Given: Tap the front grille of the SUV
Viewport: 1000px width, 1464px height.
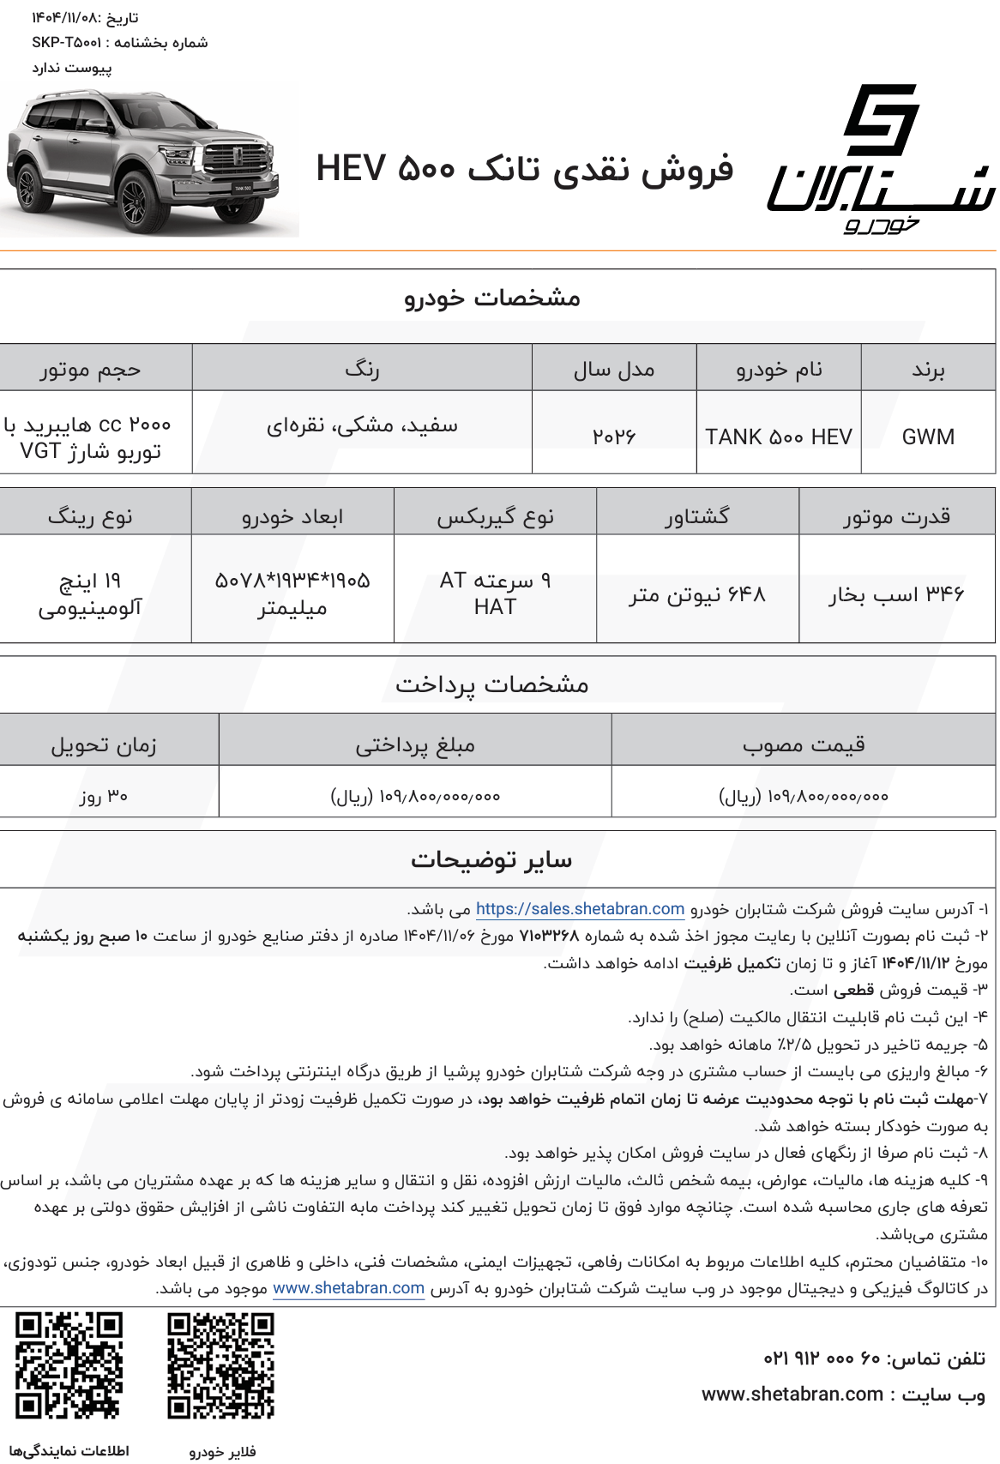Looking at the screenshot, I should (235, 159).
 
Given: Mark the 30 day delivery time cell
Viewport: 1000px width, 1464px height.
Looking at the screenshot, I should (104, 796).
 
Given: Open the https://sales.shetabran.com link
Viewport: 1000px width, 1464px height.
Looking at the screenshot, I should (580, 909).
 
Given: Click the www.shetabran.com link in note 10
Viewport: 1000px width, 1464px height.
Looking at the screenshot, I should (348, 1288).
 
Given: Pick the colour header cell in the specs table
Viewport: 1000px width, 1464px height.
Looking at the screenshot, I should (362, 370).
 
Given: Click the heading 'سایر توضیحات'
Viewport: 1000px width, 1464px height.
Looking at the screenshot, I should (491, 859).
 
